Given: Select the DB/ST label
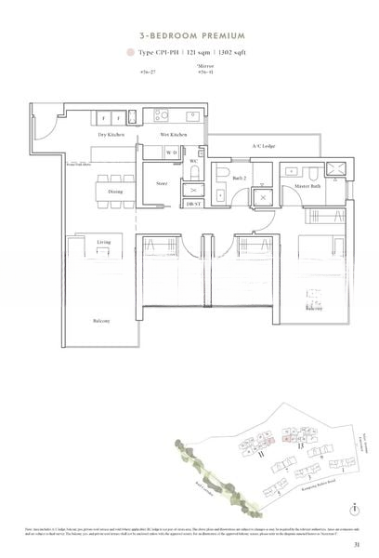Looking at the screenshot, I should click(x=191, y=203).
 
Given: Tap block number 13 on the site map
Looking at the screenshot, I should click(x=301, y=447).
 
